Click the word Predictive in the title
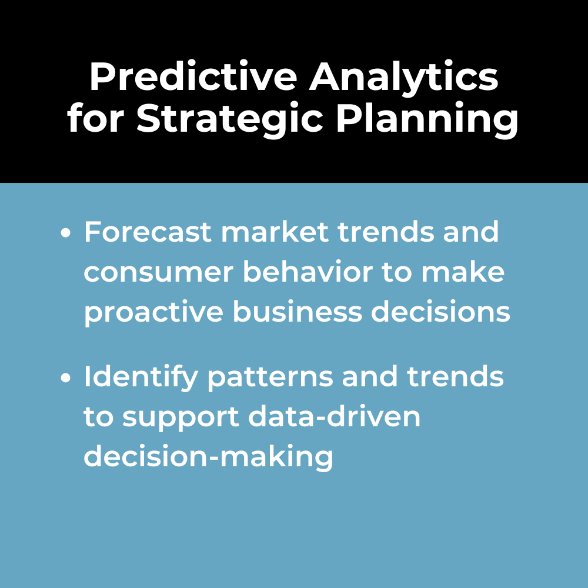193,76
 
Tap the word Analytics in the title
403,79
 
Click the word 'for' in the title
96,118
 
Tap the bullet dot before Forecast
66,232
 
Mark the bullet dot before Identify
66,377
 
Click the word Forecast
148,232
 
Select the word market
275,232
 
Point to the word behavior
308,271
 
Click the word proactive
153,312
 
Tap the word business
298,311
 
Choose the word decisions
440,311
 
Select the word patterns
270,379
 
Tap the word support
181,419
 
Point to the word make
463,271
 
